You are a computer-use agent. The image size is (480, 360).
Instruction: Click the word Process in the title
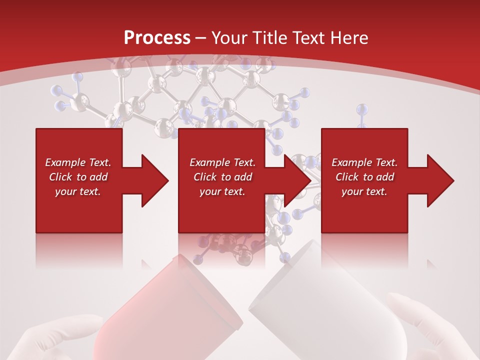(157, 38)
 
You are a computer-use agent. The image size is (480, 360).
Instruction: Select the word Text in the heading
(310, 38)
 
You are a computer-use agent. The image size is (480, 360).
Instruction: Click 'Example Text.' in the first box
(78, 162)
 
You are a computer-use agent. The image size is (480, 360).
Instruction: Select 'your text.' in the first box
(78, 191)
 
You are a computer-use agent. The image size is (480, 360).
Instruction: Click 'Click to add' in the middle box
(222, 177)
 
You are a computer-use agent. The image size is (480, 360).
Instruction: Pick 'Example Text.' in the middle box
(222, 162)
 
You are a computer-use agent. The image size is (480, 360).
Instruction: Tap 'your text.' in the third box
(364, 191)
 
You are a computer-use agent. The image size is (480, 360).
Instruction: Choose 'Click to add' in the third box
(364, 177)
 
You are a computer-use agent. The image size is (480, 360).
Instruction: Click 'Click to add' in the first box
(78, 177)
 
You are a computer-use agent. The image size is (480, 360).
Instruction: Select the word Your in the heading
(230, 38)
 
